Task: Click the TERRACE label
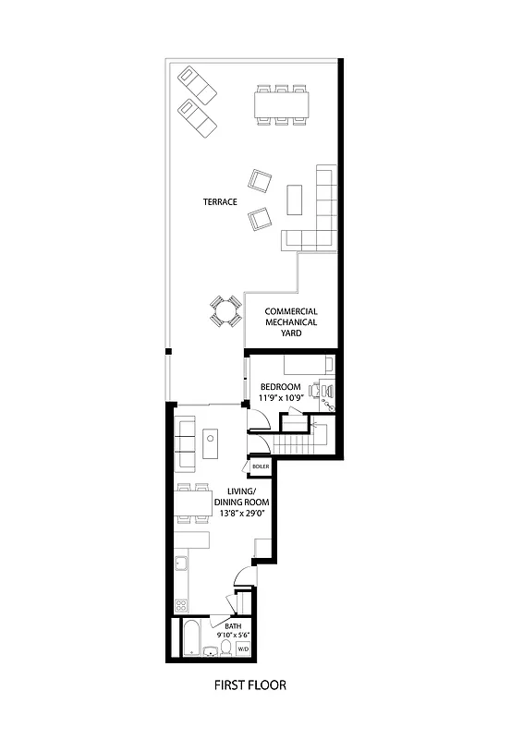(x=221, y=201)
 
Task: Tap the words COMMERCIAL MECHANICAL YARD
(x=291, y=322)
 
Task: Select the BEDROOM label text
(x=281, y=386)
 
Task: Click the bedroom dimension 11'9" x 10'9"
(x=281, y=398)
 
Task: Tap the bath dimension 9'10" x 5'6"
(x=232, y=635)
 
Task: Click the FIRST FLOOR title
(x=249, y=685)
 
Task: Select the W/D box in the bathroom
(x=243, y=649)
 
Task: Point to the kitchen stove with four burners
(x=181, y=607)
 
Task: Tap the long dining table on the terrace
(x=281, y=103)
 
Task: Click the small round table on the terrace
(x=224, y=311)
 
